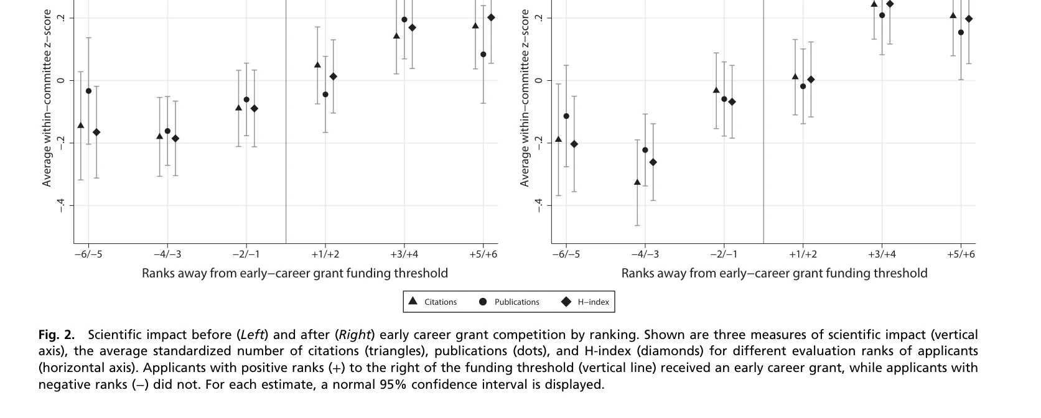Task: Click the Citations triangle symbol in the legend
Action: click(413, 301)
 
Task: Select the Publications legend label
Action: click(516, 302)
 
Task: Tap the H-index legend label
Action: click(593, 302)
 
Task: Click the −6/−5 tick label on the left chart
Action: click(88, 254)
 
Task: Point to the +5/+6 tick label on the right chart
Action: click(961, 254)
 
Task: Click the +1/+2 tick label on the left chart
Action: click(325, 254)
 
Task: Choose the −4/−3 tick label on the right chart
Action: click(645, 254)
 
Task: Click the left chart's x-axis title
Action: click(295, 273)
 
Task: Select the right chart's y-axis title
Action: click(525, 98)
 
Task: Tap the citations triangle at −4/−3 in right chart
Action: click(637, 182)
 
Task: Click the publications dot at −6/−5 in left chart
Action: click(88, 91)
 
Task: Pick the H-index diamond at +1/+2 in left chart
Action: click(333, 77)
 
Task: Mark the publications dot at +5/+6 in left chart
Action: click(483, 55)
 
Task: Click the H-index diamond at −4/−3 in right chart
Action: click(653, 162)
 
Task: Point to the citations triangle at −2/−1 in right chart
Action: click(716, 90)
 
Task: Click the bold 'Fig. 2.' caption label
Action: click(57, 335)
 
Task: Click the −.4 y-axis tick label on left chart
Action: click(62, 205)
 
